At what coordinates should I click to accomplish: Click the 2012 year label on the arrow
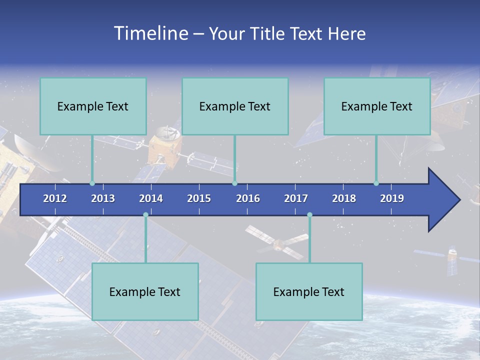(x=55, y=198)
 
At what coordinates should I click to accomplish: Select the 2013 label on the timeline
(x=103, y=198)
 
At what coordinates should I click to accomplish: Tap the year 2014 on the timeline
(x=151, y=198)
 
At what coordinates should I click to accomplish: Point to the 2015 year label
(x=199, y=198)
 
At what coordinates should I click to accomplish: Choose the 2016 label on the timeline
(x=248, y=198)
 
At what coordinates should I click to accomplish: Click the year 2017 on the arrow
(x=296, y=198)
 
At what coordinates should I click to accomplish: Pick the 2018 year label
(x=344, y=198)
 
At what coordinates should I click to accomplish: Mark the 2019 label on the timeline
(x=392, y=198)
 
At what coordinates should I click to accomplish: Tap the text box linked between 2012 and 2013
(x=93, y=106)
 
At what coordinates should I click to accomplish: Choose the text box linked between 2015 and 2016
(x=235, y=106)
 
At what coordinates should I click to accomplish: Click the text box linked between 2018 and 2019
(x=377, y=106)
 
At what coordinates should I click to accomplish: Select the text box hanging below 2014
(x=145, y=291)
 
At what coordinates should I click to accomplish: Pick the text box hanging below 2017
(x=309, y=291)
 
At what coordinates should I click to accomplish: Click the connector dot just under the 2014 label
(x=145, y=215)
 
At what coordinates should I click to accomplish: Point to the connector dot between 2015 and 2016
(x=235, y=183)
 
